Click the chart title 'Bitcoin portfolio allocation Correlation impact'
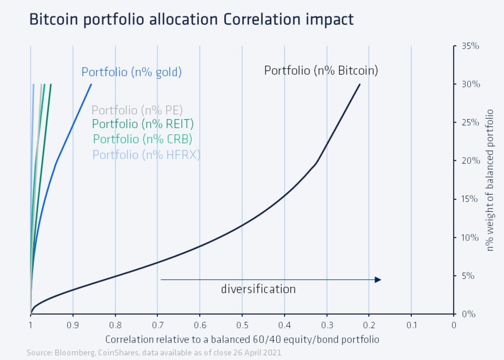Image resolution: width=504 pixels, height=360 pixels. [191, 19]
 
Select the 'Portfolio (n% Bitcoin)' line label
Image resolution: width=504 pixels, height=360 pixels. [321, 71]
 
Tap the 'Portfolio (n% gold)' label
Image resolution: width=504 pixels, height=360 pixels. [131, 72]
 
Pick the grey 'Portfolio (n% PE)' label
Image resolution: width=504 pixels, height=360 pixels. [137, 110]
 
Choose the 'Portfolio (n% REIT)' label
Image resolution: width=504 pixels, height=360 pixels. [143, 124]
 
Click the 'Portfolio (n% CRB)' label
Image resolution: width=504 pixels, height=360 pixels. [142, 139]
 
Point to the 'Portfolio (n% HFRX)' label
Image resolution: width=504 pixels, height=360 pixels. [146, 155]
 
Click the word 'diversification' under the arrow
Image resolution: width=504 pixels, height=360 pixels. [258, 289]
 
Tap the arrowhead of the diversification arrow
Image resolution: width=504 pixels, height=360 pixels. [378, 280]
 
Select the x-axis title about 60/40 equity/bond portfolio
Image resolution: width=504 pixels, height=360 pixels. [242, 339]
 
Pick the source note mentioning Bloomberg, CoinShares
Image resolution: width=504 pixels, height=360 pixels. [154, 353]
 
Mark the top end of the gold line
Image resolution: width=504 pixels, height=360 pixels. [91, 84]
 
